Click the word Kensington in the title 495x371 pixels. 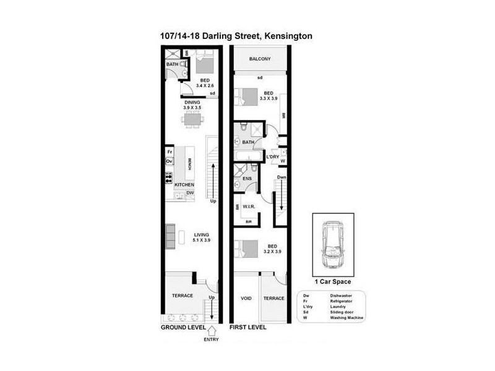288,36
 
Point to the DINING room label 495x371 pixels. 192,102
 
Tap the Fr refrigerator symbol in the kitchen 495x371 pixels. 169,151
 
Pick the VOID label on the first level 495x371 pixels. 246,298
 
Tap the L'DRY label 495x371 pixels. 273,156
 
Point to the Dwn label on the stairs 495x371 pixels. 282,177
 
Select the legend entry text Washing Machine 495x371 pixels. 346,318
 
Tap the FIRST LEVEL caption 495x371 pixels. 248,326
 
